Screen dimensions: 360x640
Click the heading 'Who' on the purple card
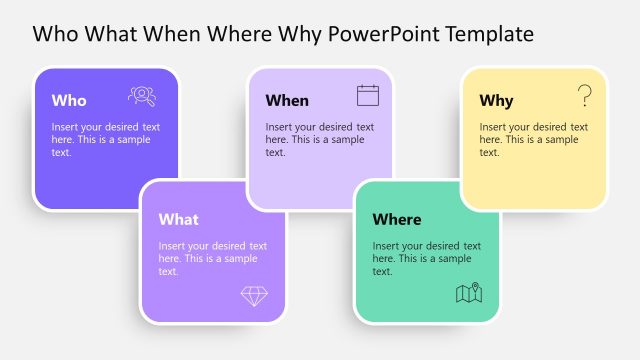(x=69, y=100)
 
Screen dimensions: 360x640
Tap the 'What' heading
(x=178, y=220)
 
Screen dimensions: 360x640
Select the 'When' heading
(x=287, y=100)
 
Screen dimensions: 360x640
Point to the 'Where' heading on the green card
(x=396, y=220)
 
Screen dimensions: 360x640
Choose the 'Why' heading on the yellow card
(x=496, y=100)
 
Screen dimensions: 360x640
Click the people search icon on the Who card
(x=142, y=96)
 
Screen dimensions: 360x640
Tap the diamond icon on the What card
(x=254, y=295)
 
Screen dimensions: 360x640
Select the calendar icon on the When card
(x=368, y=96)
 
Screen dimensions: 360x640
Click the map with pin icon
(x=469, y=293)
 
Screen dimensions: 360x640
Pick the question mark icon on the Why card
(x=585, y=96)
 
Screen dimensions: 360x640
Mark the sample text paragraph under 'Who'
(x=104, y=140)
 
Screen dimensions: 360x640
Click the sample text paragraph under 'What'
(x=212, y=258)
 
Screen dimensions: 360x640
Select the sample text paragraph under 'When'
(x=319, y=140)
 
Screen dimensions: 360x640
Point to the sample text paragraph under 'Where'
(x=427, y=258)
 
